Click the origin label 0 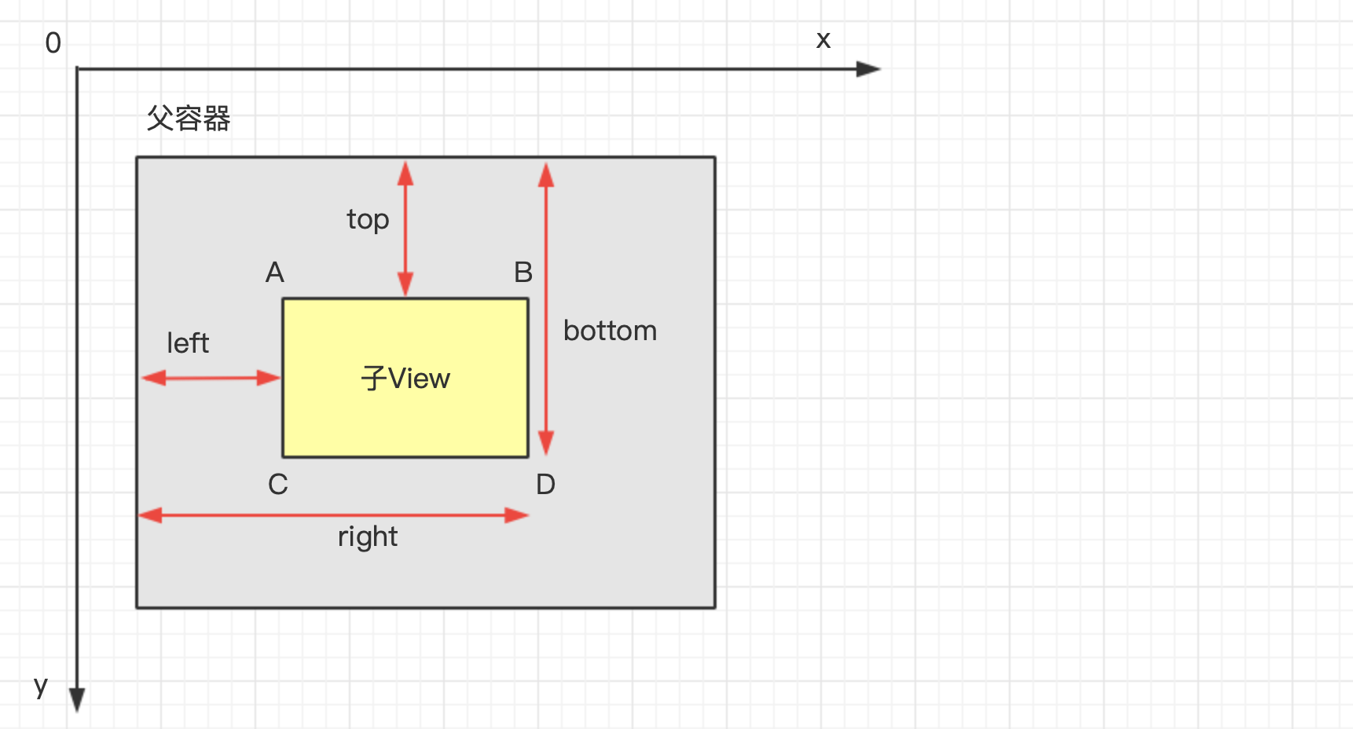[53, 43]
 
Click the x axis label [823, 40]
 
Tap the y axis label [41, 685]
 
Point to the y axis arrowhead [77, 698]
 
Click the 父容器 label [189, 119]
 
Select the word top [368, 219]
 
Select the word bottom [610, 331]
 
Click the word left [188, 343]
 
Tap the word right [368, 537]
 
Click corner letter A [274, 273]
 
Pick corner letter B [523, 273]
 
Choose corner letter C [278, 484]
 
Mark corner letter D [545, 484]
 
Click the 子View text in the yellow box [405, 379]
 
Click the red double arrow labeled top [405, 229]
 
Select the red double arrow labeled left [211, 378]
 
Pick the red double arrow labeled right [334, 515]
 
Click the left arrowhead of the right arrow [150, 515]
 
